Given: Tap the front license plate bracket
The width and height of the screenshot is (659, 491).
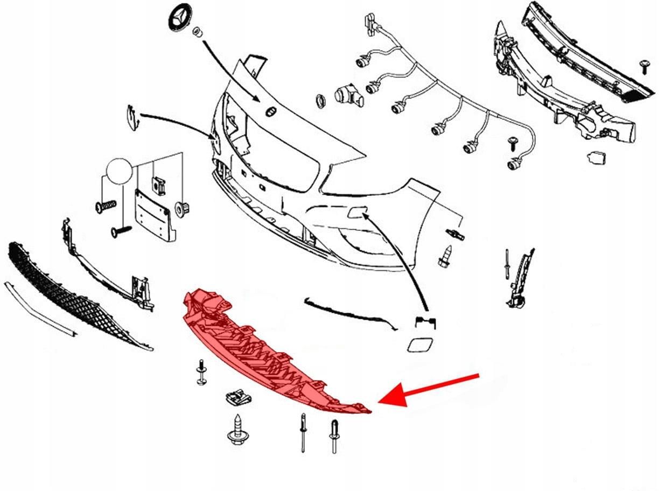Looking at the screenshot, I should pyautogui.click(x=155, y=214).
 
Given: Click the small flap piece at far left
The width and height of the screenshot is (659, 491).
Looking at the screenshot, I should pyautogui.click(x=131, y=117).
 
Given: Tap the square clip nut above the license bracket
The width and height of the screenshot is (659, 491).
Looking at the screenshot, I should pyautogui.click(x=158, y=184).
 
